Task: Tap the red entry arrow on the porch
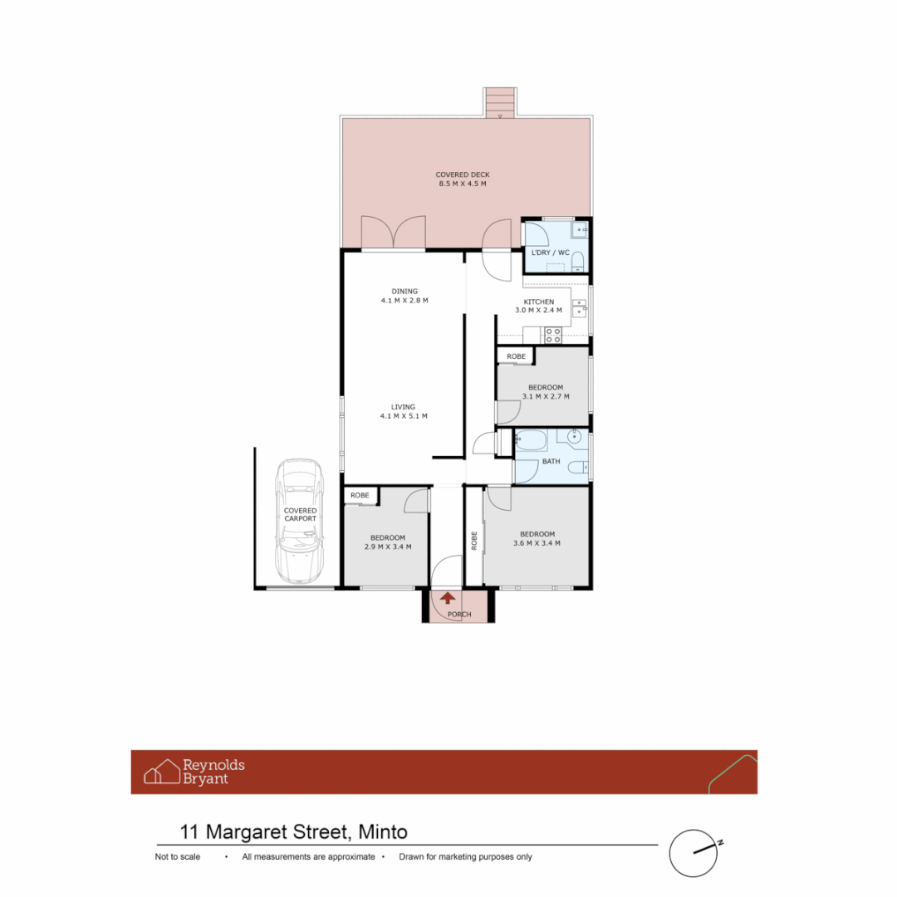tap(448, 597)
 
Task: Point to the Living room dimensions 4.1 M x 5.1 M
tap(404, 416)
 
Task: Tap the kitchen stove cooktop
tap(552, 336)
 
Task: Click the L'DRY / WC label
tap(550, 252)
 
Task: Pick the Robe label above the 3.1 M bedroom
tap(517, 356)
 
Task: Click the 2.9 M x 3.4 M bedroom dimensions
tap(388, 547)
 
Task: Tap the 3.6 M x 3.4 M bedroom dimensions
tap(537, 543)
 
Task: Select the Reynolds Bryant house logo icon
tap(162, 772)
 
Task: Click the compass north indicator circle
tap(693, 852)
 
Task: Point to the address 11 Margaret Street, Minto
tap(294, 831)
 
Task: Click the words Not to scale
tap(178, 857)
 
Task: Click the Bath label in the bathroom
tap(551, 461)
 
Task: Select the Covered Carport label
tap(300, 514)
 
